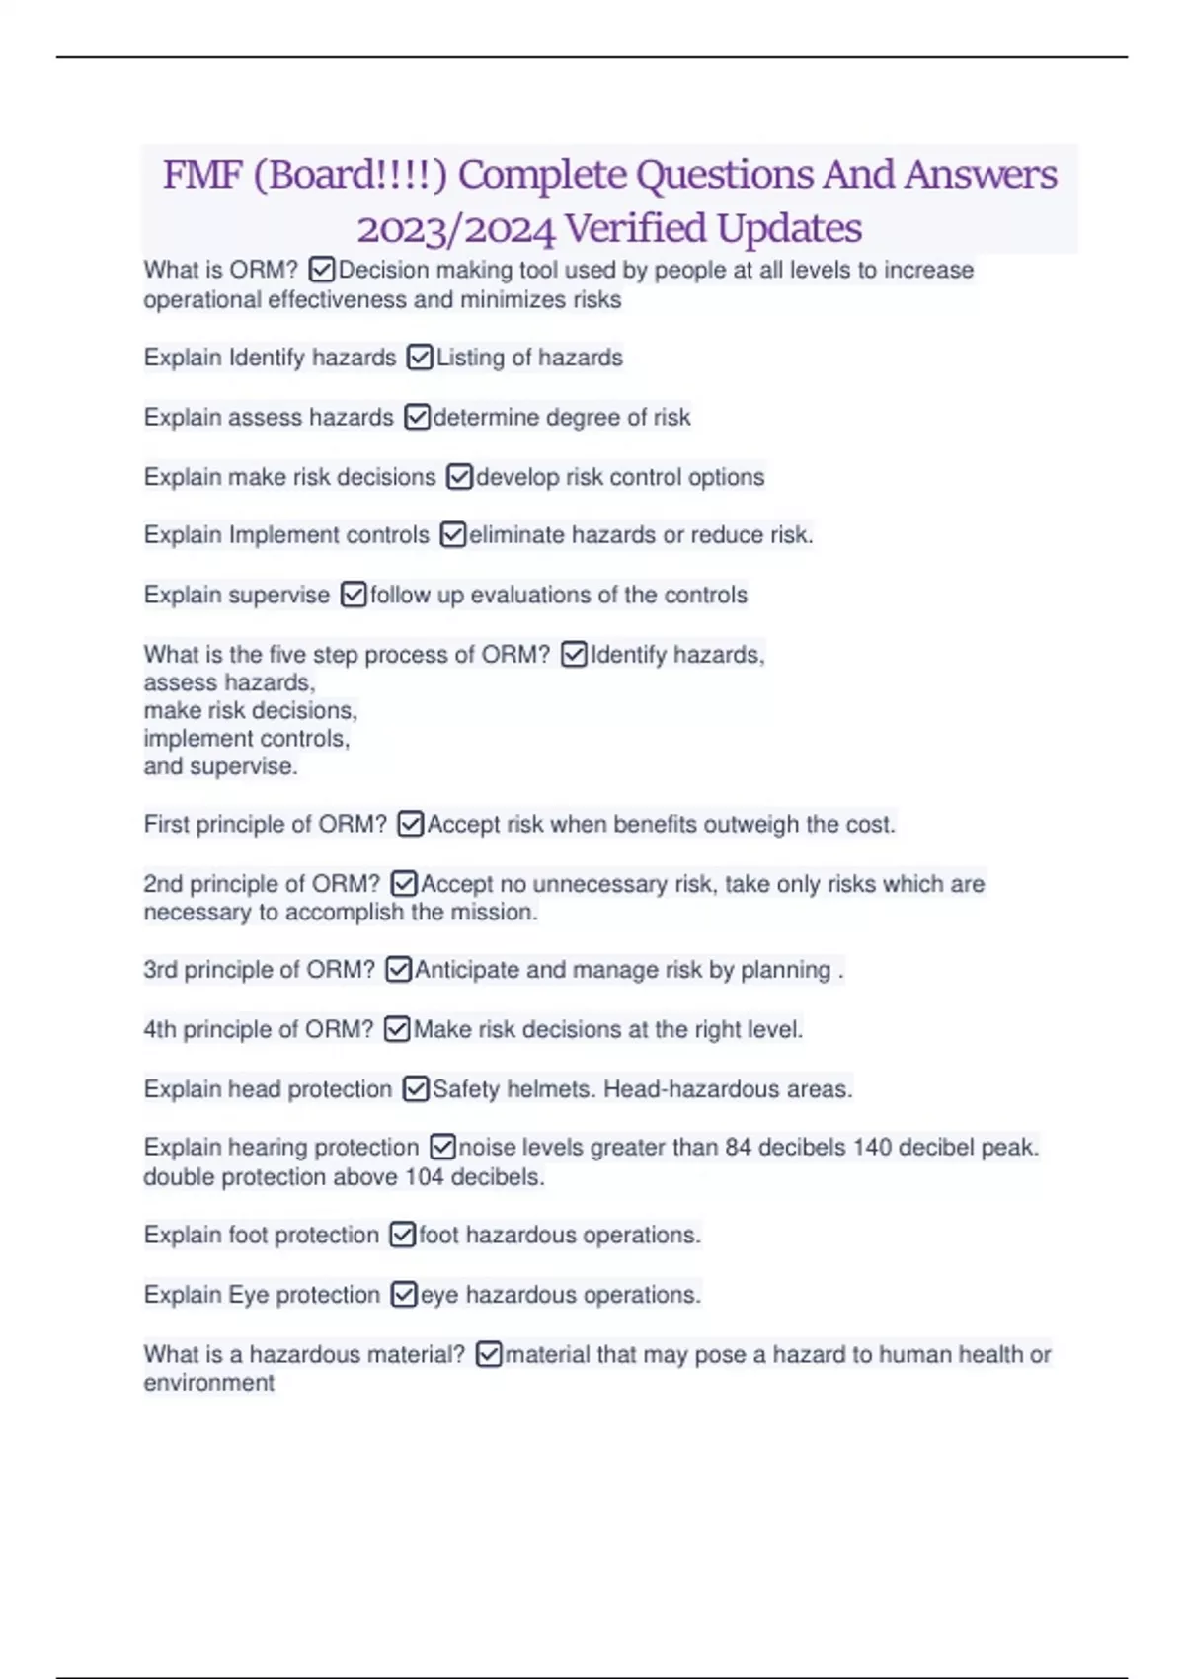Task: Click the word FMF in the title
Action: (x=202, y=176)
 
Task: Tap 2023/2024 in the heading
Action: (x=455, y=229)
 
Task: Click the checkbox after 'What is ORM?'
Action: (x=322, y=270)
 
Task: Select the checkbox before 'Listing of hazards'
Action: (x=420, y=358)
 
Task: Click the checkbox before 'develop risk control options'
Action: (x=459, y=477)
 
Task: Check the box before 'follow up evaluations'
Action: (x=354, y=595)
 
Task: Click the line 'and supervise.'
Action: (x=220, y=766)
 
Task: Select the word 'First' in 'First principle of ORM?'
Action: (x=166, y=825)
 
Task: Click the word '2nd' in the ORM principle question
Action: (x=163, y=884)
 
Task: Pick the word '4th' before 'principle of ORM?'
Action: (x=160, y=1030)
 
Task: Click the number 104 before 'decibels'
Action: (x=425, y=1177)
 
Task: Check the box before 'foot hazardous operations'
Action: (x=402, y=1236)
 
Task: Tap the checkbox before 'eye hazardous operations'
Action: (x=404, y=1295)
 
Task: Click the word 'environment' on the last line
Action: (x=208, y=1383)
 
